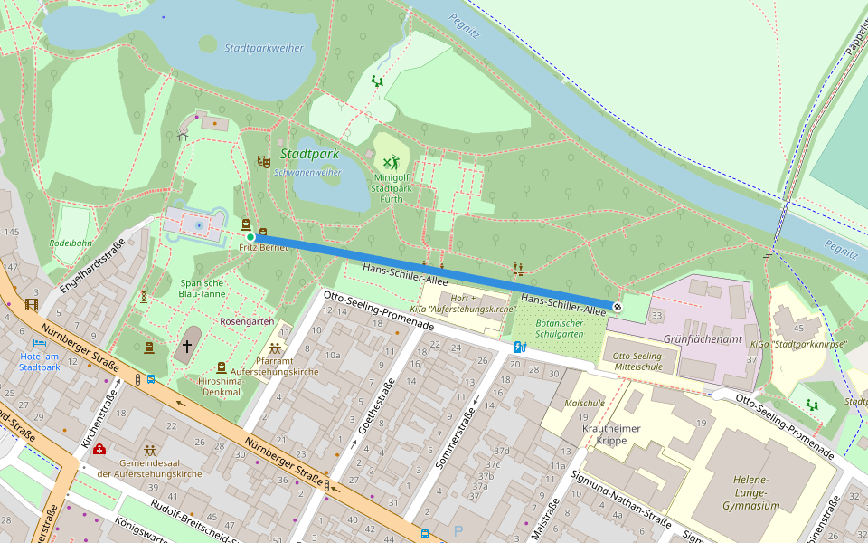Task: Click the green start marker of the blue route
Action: point(250,237)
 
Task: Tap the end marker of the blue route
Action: point(618,307)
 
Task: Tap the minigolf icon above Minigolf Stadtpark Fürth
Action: point(391,163)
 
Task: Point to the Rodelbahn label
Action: point(71,243)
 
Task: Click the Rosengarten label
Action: point(247,321)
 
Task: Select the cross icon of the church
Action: point(188,346)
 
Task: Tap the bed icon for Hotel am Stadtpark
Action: point(40,344)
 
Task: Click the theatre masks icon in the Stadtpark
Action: point(263,162)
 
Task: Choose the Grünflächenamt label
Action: point(703,339)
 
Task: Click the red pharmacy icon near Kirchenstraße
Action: point(99,449)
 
